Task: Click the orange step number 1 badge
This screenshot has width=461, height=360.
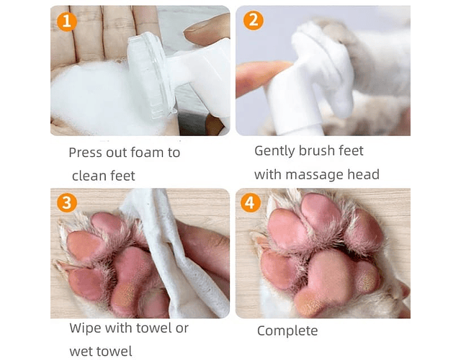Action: pos(67,22)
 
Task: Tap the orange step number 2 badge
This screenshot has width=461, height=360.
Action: pos(253,20)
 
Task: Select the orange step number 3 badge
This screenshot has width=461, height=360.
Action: pos(67,203)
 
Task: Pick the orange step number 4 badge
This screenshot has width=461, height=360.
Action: pos(251,203)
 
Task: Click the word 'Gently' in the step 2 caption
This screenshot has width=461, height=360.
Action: pos(274,151)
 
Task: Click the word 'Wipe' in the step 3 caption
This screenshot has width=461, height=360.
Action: pos(85,328)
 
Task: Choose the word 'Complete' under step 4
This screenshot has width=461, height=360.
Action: pos(287,331)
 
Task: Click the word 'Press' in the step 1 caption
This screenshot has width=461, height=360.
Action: pos(85,153)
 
